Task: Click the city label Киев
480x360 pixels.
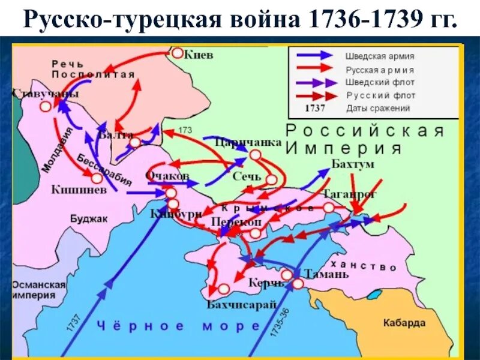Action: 199,55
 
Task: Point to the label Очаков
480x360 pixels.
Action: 167,176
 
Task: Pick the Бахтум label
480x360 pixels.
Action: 352,164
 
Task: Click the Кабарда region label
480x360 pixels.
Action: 404,323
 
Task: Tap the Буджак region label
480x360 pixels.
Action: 89,219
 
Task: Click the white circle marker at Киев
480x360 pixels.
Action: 178,53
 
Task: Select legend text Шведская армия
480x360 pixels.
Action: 379,56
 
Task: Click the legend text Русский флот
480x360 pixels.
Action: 380,95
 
